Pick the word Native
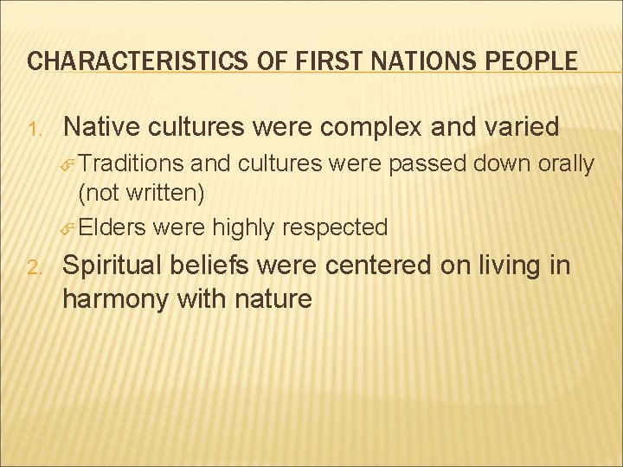click(101, 127)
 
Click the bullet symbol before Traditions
click(69, 164)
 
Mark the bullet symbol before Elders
click(69, 228)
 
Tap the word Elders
click(112, 227)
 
